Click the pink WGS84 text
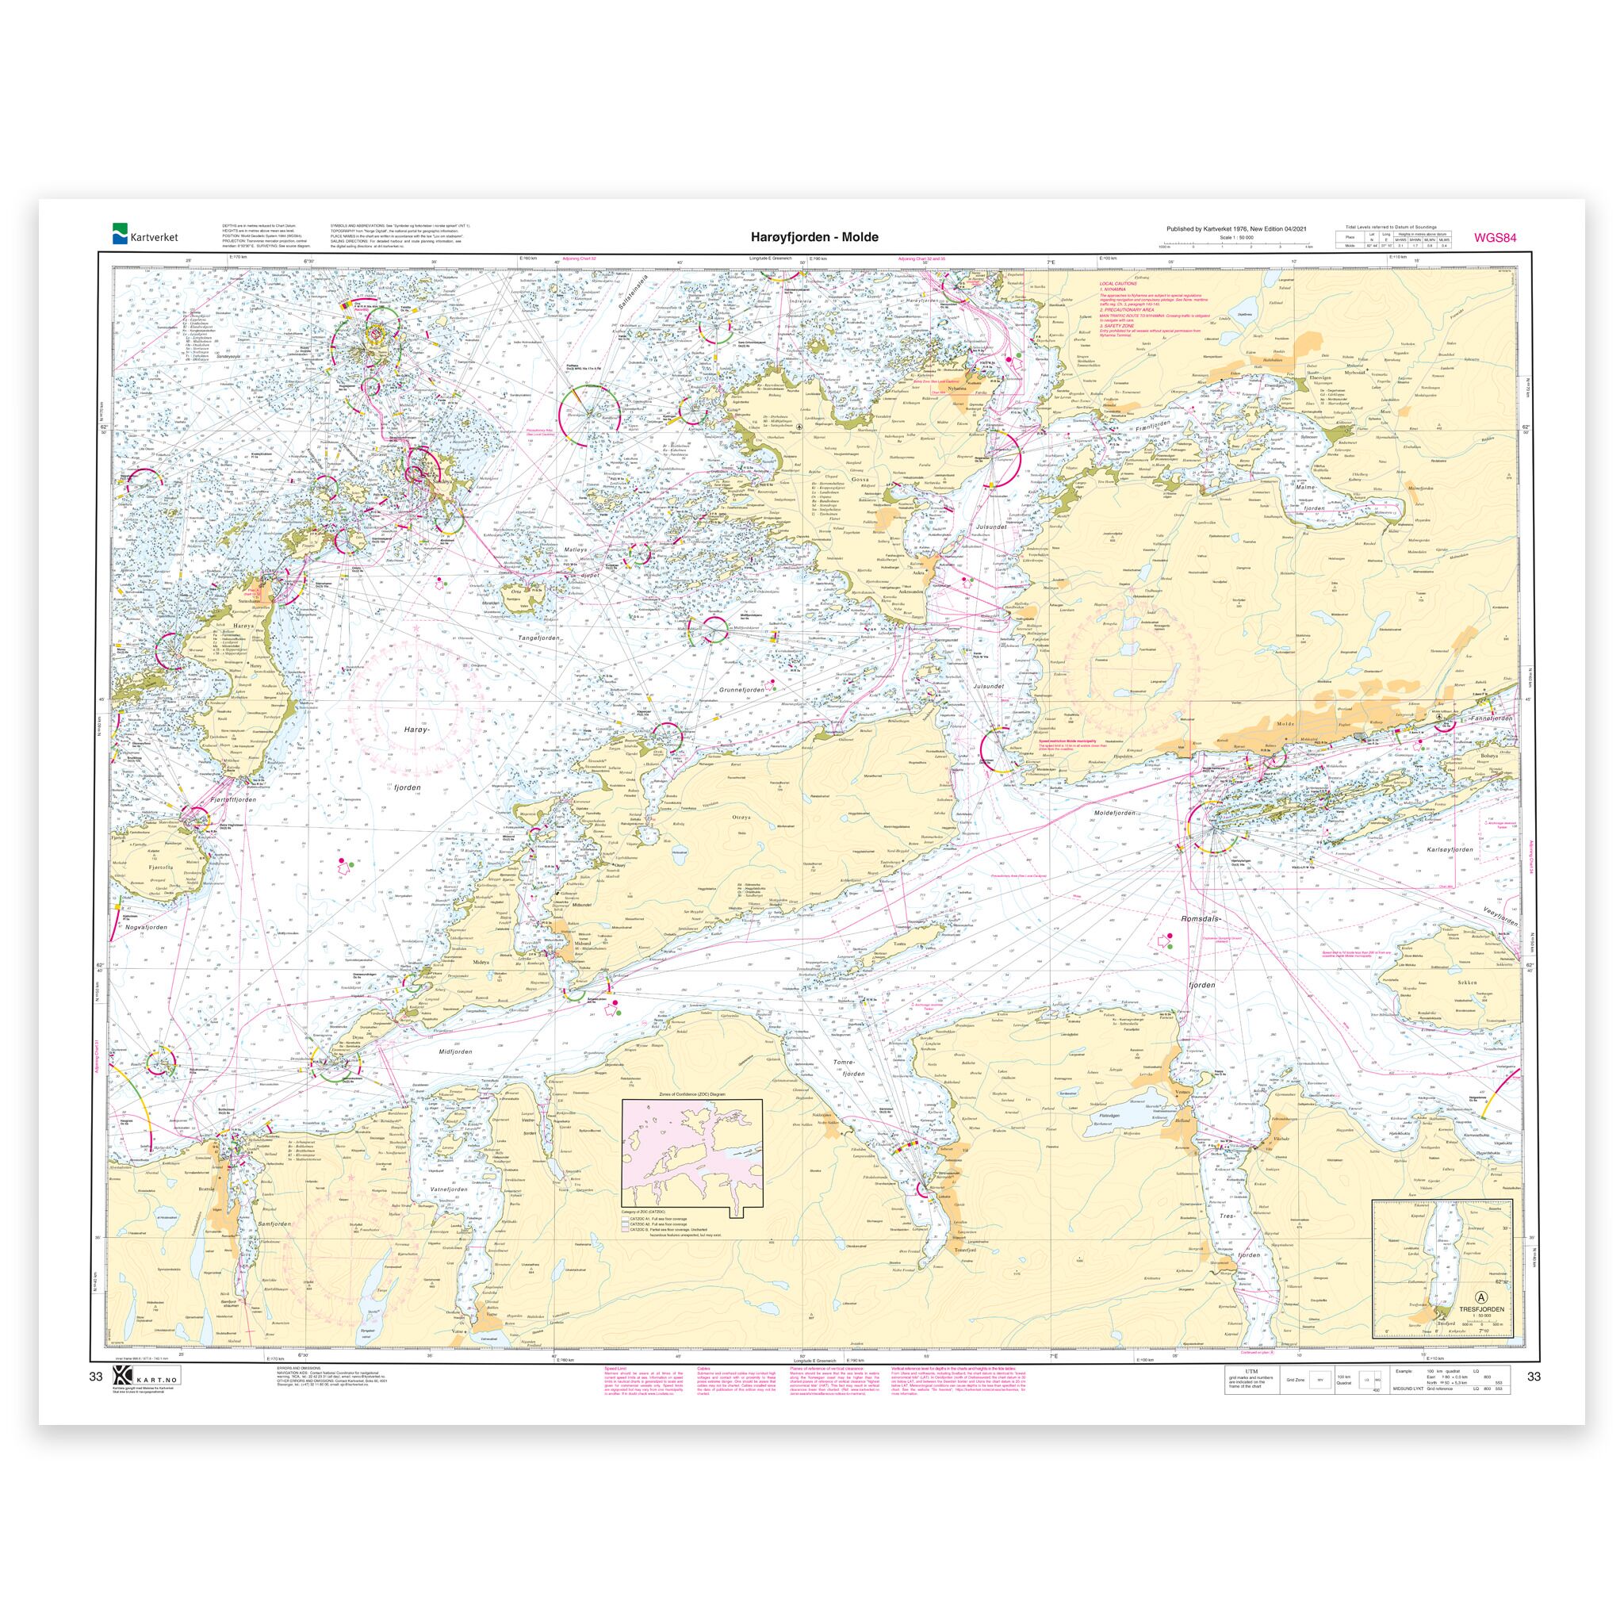pos(1495,237)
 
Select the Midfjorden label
pos(454,1051)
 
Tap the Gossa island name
pos(859,477)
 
